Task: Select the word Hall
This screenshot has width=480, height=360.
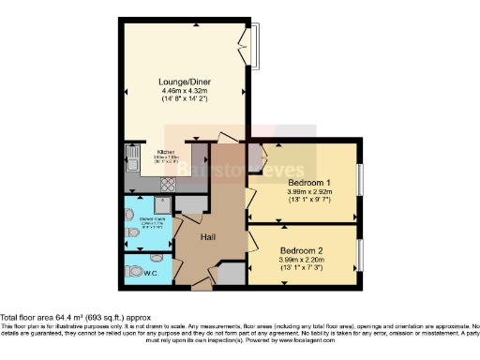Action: click(210, 237)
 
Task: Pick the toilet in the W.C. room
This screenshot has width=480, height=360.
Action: click(132, 272)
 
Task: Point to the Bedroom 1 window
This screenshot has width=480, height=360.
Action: click(360, 178)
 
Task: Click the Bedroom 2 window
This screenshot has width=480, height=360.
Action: click(360, 255)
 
